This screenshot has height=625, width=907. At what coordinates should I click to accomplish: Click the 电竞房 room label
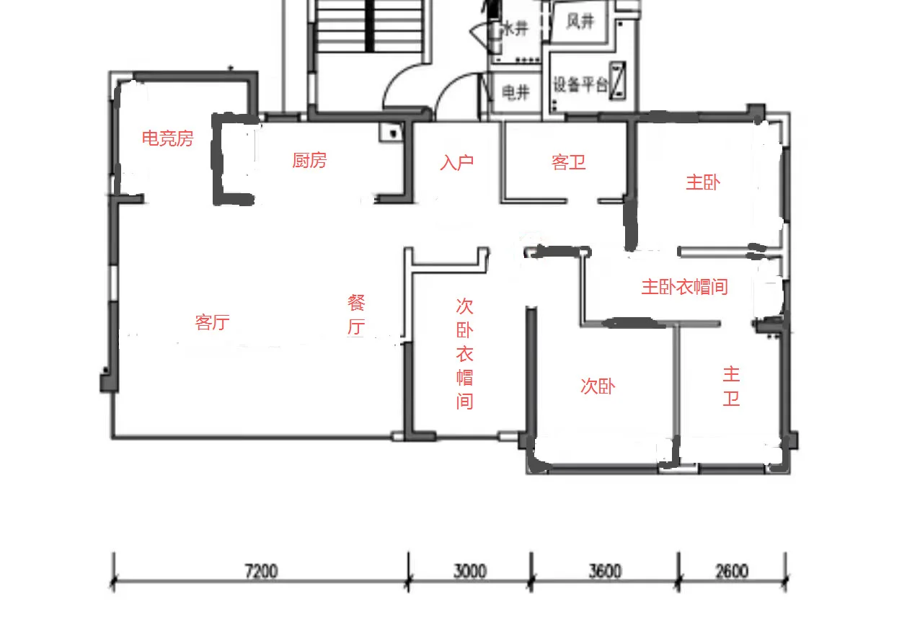pos(167,138)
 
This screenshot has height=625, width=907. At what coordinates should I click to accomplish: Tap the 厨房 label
pos(309,160)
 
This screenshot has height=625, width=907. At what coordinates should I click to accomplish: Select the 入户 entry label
pos(456,162)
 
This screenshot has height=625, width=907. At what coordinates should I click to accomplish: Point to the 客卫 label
pos(569,162)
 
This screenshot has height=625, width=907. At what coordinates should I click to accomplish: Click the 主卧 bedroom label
pos(703,182)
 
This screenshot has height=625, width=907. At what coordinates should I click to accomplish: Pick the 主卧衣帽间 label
pos(684,287)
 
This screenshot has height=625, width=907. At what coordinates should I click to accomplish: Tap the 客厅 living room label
pos(212,322)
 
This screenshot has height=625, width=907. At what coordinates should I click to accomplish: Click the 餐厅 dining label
pos(356,314)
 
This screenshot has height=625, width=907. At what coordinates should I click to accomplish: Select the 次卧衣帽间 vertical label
pos(464,353)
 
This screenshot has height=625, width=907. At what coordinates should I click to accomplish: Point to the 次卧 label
pos(598,386)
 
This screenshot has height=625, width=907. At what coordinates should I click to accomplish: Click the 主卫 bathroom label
pos(731,386)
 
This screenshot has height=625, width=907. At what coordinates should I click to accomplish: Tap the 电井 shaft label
pos(516,92)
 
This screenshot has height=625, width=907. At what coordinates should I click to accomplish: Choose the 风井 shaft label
pos(580,22)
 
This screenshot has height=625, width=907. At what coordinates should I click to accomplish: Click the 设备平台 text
pos(580,84)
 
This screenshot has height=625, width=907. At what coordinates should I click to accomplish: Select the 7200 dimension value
pos(261,572)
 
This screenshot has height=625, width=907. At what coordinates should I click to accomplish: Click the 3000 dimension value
pos(470,572)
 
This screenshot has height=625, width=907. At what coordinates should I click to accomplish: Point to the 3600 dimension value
pos(604,572)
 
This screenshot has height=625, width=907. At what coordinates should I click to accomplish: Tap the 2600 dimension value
pos(732,572)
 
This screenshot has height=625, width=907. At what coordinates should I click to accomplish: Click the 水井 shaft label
pos(516,29)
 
